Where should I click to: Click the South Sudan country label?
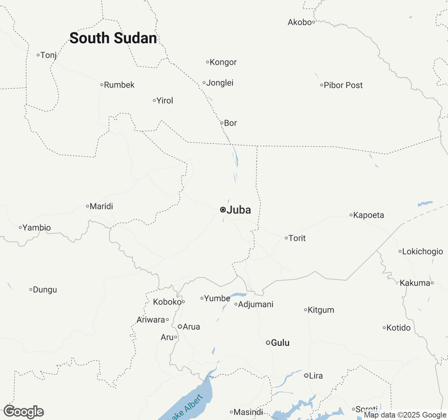point(113,38)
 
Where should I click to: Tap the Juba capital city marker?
point(223,210)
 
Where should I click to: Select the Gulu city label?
point(280,343)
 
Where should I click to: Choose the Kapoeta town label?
point(368,215)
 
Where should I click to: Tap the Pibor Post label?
point(343,85)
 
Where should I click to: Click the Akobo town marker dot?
point(314,22)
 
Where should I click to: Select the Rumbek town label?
point(119,85)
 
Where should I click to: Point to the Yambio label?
point(36,227)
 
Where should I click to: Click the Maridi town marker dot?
point(87,206)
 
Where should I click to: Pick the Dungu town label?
point(44,290)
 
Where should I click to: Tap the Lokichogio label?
point(422,251)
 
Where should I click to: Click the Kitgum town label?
point(321,310)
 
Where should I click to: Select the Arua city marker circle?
point(180,327)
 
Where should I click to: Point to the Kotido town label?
point(398,328)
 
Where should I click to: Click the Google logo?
point(24,412)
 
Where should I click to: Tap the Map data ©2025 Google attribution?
point(405,415)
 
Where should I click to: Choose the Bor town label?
point(230,123)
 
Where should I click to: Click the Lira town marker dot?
point(306,376)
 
